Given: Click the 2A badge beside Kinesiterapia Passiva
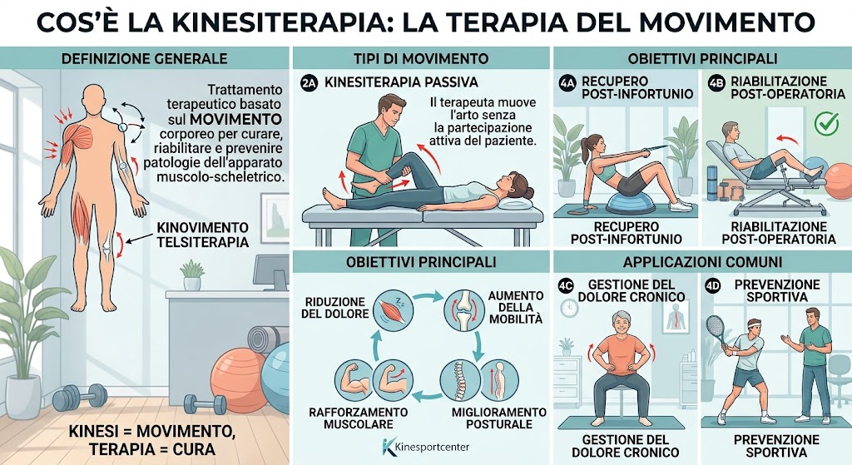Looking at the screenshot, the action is pyautogui.click(x=309, y=82).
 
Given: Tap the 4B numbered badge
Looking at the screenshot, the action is pyautogui.click(x=716, y=82).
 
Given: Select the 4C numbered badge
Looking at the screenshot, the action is pyautogui.click(x=566, y=285).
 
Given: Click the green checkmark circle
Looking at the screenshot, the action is pyautogui.click(x=826, y=124).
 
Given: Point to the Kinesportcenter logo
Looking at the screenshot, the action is pyautogui.click(x=425, y=447).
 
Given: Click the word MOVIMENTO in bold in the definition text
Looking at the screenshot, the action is pyautogui.click(x=235, y=119).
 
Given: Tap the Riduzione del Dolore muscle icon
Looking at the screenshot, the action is pyautogui.click(x=393, y=311).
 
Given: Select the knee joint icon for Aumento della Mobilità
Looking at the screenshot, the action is pyautogui.click(x=464, y=310).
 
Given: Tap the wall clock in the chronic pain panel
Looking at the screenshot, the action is pyautogui.click(x=569, y=308).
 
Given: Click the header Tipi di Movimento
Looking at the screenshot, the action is pyautogui.click(x=420, y=58).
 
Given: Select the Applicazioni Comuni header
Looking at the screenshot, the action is pyautogui.click(x=702, y=262).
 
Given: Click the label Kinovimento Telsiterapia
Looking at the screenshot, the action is pyautogui.click(x=202, y=235).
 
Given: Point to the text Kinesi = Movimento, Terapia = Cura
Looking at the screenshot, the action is pyautogui.click(x=152, y=440).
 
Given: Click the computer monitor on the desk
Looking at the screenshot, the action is pyautogui.click(x=270, y=272).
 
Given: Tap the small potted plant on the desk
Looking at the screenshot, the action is pyautogui.click(x=192, y=275).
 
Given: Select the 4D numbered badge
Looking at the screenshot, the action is pyautogui.click(x=712, y=285).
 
